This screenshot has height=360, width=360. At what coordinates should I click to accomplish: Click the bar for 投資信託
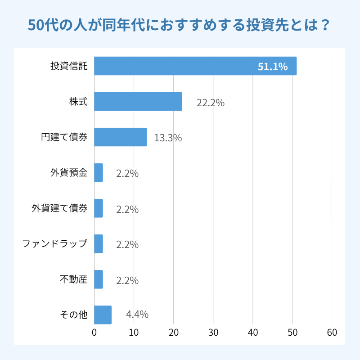click(x=195, y=66)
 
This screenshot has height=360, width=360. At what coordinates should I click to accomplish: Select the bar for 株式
click(x=138, y=101)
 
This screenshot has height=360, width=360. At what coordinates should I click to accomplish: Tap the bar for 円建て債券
click(x=121, y=137)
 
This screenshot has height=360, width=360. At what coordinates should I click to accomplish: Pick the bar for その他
click(x=103, y=315)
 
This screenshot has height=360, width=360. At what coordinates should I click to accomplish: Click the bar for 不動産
click(x=99, y=279)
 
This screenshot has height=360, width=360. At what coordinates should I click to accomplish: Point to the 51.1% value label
click(x=272, y=67)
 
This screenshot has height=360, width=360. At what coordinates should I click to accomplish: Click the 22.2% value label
click(x=211, y=103)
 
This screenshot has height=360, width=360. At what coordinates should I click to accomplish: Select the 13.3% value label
click(x=168, y=138)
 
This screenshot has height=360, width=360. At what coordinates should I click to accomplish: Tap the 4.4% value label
click(x=137, y=314)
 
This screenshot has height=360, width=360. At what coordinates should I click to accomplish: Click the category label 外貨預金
click(x=69, y=173)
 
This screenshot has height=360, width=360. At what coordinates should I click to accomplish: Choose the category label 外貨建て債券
click(x=59, y=208)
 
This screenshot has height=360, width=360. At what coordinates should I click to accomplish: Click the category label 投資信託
click(x=69, y=66)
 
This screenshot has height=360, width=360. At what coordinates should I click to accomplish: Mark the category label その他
click(x=73, y=315)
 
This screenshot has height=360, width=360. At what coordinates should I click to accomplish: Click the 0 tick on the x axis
click(x=94, y=333)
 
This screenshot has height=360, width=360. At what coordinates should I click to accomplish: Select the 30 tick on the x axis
click(x=213, y=333)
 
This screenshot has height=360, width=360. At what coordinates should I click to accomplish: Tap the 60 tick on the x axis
click(x=332, y=333)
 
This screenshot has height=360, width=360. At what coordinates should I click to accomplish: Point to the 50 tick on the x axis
click(x=292, y=333)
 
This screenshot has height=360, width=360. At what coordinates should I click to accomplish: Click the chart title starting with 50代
click(x=180, y=25)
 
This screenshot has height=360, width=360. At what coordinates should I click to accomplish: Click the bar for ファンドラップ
click(x=99, y=244)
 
